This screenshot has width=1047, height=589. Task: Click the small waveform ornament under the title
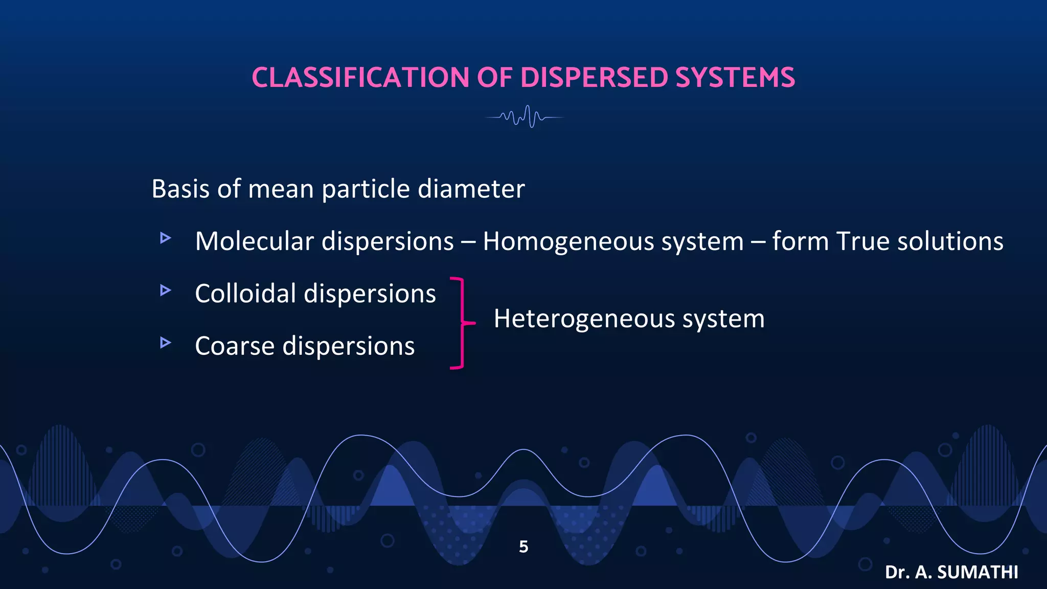tap(525, 117)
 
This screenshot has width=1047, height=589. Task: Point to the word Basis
tap(180, 189)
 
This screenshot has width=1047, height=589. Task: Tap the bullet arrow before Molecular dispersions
tap(165, 238)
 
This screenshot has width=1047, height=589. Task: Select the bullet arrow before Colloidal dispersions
tap(165, 290)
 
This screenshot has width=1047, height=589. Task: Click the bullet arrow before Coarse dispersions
tap(165, 343)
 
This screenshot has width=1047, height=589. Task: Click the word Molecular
tap(254, 241)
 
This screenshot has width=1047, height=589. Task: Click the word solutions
tap(950, 241)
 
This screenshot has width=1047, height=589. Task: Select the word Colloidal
tap(245, 294)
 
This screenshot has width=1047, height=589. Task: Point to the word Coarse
tap(235, 346)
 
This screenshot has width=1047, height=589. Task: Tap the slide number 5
tap(523, 547)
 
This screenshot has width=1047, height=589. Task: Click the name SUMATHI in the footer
tap(977, 572)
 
